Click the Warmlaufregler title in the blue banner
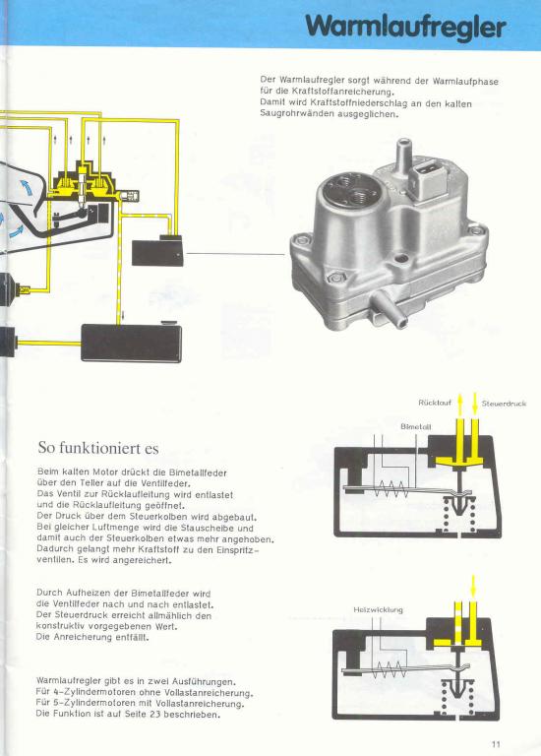pyautogui.click(x=405, y=26)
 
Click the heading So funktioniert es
pyautogui.click(x=98, y=448)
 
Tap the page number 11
pyautogui.click(x=496, y=743)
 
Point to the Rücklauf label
pyautogui.click(x=435, y=403)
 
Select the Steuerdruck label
pyautogui.click(x=504, y=403)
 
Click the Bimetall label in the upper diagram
pyautogui.click(x=416, y=426)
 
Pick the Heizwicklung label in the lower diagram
pyautogui.click(x=378, y=610)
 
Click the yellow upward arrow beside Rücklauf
pyautogui.click(x=460, y=405)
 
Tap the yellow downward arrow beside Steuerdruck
pyautogui.click(x=474, y=405)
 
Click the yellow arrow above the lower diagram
pyautogui.click(x=473, y=586)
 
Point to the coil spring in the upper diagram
pyautogui.click(x=391, y=490)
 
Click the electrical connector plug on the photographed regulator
pyautogui.click(x=427, y=179)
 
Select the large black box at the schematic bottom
pyautogui.click(x=131, y=343)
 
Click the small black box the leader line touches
pyautogui.click(x=157, y=251)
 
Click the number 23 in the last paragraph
pyautogui.click(x=154, y=714)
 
